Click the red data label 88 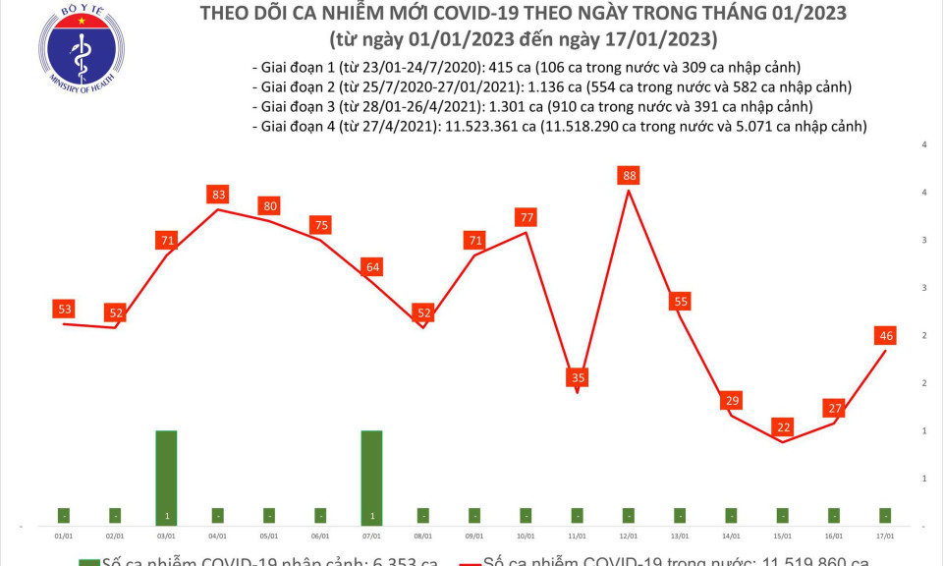click(x=629, y=176)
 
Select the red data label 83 click(x=218, y=195)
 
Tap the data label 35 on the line click(x=578, y=376)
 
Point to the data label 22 click(x=783, y=427)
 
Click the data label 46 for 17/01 click(x=886, y=336)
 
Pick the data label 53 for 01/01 click(x=64, y=310)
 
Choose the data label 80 click(x=269, y=206)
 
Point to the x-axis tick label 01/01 click(x=64, y=537)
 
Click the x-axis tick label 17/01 click(x=886, y=537)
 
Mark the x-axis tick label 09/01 click(x=474, y=537)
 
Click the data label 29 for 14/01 click(x=731, y=400)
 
